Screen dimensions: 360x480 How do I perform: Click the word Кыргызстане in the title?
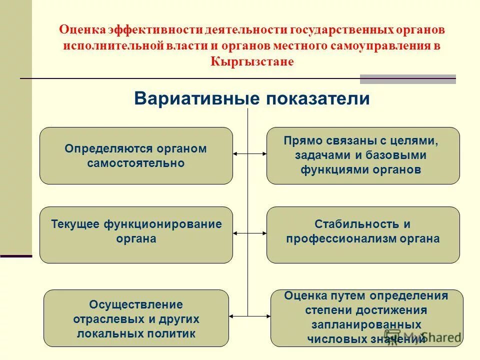click(x=252, y=61)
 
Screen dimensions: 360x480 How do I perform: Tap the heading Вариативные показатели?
click(x=252, y=98)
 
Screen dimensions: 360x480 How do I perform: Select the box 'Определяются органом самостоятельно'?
click(x=136, y=155)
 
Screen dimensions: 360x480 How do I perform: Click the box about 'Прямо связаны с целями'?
click(x=363, y=155)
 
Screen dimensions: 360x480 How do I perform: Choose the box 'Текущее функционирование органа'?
click(x=136, y=234)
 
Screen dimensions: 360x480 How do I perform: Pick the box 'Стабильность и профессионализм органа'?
click(x=363, y=234)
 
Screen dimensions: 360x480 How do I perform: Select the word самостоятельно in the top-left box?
click(x=136, y=163)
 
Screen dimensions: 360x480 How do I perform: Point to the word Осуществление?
click(x=136, y=304)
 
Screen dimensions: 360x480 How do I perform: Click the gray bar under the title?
click(x=407, y=79)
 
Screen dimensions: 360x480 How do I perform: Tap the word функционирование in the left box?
click(x=162, y=224)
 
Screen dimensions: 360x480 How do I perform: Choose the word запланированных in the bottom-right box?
click(x=366, y=324)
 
